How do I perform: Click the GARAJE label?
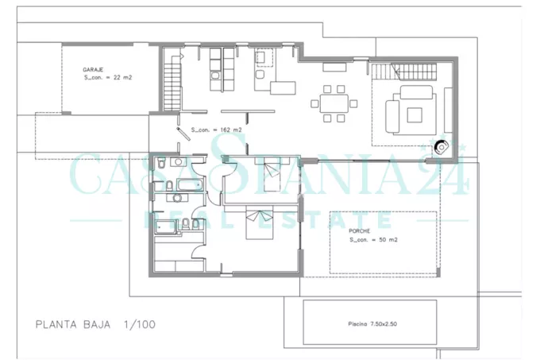click(93, 70)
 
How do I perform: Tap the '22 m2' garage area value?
click(122, 78)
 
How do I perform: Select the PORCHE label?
click(359, 230)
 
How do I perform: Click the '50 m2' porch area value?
click(388, 239)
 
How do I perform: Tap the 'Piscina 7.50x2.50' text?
click(372, 323)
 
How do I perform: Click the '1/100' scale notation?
click(140, 324)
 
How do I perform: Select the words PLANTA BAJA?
click(73, 324)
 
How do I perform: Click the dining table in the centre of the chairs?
click(334, 103)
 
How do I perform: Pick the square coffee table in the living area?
click(415, 115)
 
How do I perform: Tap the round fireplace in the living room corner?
click(442, 147)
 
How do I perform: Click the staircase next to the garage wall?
click(172, 86)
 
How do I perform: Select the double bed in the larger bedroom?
click(260, 223)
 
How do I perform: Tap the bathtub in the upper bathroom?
click(190, 185)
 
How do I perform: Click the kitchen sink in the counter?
click(215, 75)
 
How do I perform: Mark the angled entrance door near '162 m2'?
click(183, 134)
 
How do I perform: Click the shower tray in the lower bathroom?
click(165, 226)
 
